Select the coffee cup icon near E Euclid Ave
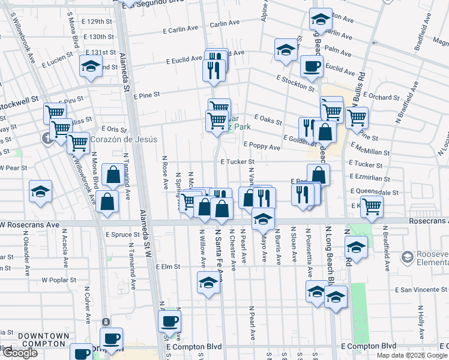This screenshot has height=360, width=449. [312, 67]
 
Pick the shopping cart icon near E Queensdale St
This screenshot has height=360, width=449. [372, 207]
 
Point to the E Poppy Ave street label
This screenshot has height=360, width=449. [262, 146]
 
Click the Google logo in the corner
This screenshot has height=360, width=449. [20, 353]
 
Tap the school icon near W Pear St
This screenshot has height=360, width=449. [41, 191]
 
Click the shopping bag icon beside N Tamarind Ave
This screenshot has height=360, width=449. [113, 175]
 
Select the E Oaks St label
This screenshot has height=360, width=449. [268, 120]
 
